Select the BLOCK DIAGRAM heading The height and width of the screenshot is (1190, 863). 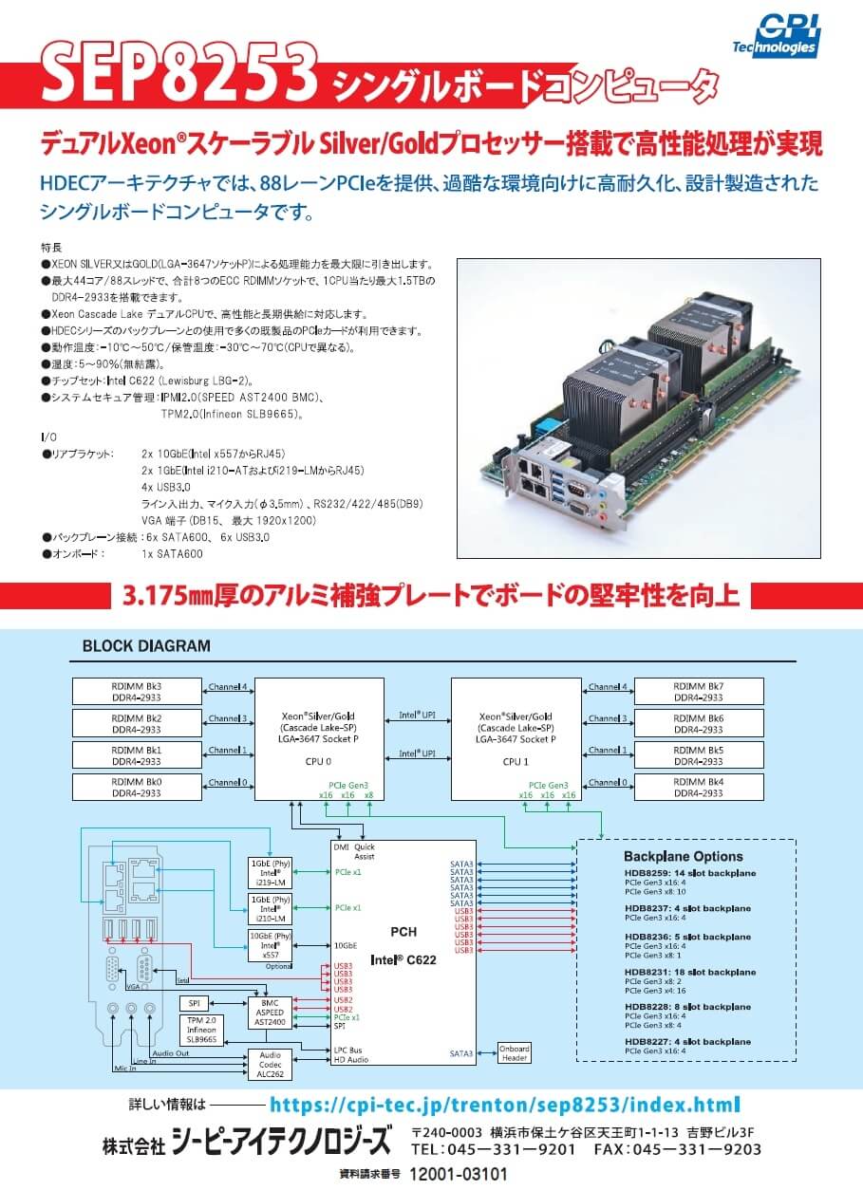(x=146, y=646)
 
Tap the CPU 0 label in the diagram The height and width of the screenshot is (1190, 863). (x=319, y=761)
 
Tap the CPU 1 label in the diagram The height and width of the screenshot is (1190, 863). (x=516, y=761)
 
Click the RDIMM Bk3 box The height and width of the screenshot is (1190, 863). (x=138, y=691)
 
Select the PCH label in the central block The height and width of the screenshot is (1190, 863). (x=403, y=932)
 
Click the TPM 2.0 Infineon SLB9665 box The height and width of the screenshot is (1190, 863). (x=201, y=1030)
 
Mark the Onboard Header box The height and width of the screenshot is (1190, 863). (x=516, y=1053)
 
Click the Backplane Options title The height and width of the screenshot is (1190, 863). (x=683, y=857)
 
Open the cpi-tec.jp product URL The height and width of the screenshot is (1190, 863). (x=504, y=1105)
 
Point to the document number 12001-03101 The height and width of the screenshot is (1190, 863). (x=459, y=1174)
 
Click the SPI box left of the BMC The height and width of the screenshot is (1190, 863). (x=194, y=1002)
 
